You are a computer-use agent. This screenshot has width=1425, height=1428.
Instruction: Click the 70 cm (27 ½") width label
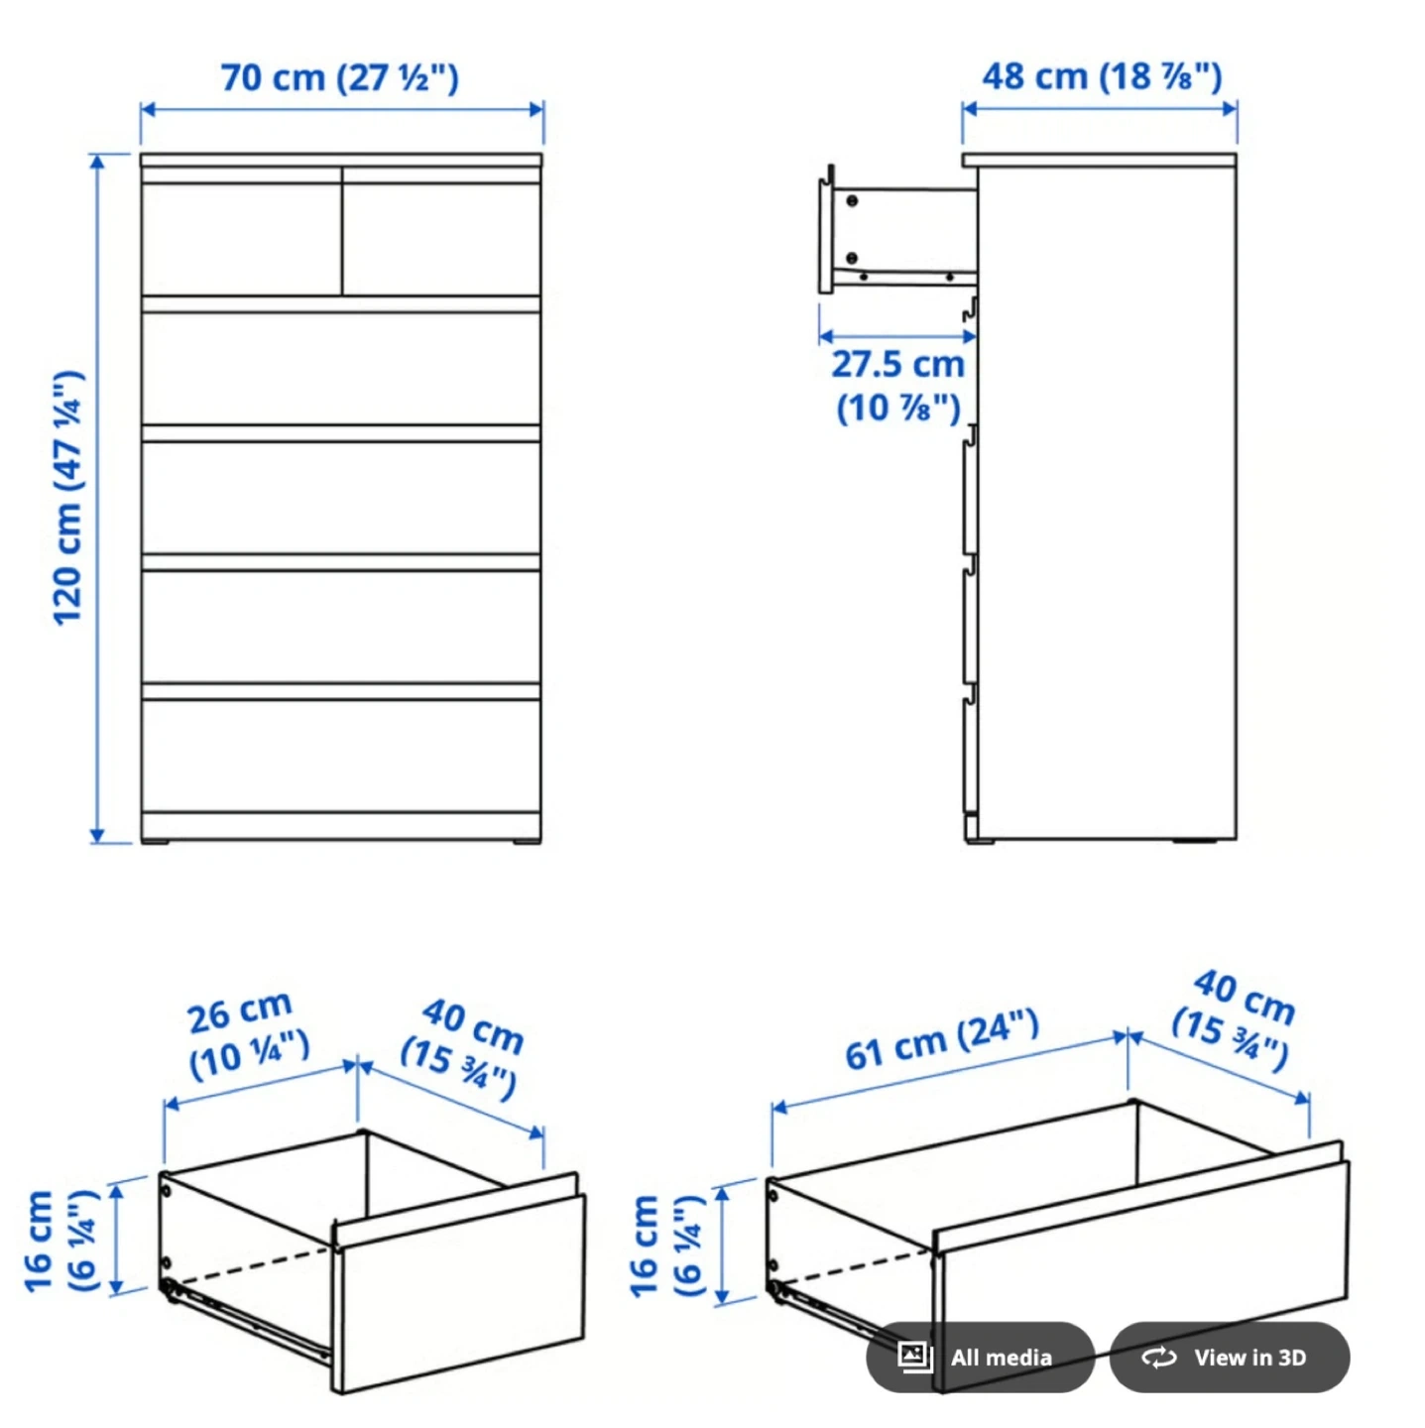click(x=340, y=78)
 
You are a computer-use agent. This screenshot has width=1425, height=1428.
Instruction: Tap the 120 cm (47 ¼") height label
click(x=68, y=498)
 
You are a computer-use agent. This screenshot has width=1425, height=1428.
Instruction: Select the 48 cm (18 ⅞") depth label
click(x=1102, y=77)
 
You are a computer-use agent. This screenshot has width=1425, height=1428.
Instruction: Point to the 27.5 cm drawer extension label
click(x=898, y=386)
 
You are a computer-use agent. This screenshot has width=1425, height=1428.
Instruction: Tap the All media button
click(x=980, y=1357)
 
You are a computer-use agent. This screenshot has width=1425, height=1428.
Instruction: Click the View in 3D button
click(x=1230, y=1357)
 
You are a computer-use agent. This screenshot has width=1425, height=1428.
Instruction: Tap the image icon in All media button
click(x=915, y=1356)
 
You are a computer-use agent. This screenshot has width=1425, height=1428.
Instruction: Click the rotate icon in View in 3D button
click(x=1159, y=1358)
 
